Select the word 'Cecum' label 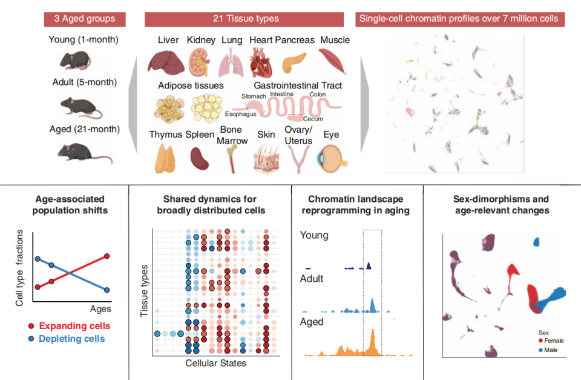pyautogui.click(x=313, y=119)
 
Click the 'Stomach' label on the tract pyautogui.click(x=254, y=96)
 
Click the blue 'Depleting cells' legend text pyautogui.click(x=71, y=339)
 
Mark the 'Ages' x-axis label pyautogui.click(x=100, y=308)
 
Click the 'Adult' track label pyautogui.click(x=312, y=279)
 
